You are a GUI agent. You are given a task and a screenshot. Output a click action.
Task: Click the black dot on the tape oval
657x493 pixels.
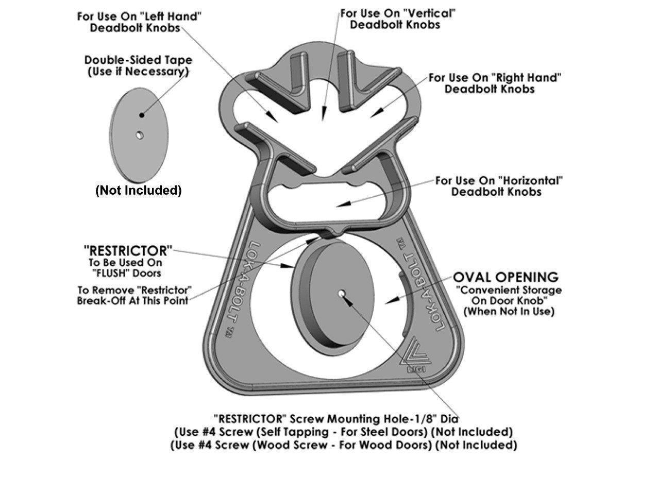coord(142,115)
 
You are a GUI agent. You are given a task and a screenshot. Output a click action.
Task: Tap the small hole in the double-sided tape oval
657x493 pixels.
coord(139,135)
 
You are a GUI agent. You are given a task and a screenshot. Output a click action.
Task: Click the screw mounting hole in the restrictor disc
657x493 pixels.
coord(342,293)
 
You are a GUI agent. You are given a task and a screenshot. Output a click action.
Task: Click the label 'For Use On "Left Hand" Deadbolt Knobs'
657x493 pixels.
coord(139,22)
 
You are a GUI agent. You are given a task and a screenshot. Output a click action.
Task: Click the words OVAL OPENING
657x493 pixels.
coord(506,277)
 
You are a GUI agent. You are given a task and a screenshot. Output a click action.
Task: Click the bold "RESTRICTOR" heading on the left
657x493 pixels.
coord(128,251)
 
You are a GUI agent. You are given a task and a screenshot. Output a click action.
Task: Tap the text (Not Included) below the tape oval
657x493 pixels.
coord(139,191)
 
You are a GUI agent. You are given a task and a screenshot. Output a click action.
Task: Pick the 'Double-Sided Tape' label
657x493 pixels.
coord(138,60)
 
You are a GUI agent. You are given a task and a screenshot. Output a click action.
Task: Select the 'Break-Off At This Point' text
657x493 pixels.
coord(132,300)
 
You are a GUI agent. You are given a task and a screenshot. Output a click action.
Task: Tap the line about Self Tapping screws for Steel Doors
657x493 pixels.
coord(344,431)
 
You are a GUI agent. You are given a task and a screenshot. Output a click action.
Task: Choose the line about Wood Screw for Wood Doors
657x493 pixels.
coord(344,445)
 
